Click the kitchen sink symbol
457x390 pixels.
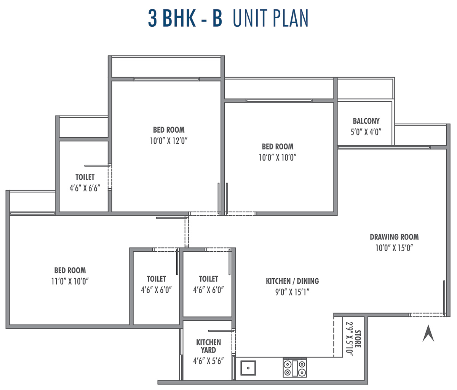(248, 368)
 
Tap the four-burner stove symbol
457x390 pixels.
(295, 368)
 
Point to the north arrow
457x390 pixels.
(428, 333)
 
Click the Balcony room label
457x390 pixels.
(366, 121)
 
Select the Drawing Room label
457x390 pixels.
(394, 237)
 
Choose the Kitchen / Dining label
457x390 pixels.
(292, 281)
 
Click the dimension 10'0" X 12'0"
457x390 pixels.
(169, 141)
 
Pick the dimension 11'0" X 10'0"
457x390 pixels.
(70, 281)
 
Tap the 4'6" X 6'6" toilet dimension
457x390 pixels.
(85, 188)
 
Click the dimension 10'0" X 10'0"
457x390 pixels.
(278, 157)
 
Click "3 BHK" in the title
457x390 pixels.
(172, 18)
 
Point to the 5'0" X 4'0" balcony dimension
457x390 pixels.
(366, 132)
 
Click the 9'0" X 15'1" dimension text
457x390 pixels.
(292, 292)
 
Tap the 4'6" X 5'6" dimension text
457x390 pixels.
(208, 361)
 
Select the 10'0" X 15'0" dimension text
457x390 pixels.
(394, 248)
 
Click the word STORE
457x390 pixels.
(358, 339)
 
